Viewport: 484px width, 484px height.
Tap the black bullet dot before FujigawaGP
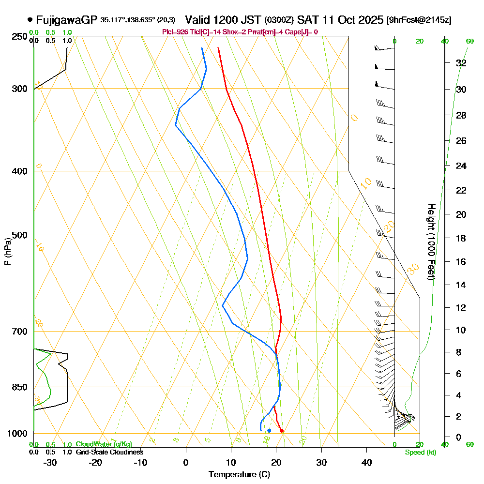[30, 20]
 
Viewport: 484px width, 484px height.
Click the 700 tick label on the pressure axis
[20, 332]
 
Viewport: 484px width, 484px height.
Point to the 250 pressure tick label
[20, 37]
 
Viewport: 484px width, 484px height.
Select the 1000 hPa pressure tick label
[18, 434]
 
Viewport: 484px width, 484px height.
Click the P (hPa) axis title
[7, 252]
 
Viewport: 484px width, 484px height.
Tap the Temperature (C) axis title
[239, 475]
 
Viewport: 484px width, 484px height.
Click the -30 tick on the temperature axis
[50, 463]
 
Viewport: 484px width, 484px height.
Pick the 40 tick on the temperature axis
[366, 463]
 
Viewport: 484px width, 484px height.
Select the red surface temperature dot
[282, 430]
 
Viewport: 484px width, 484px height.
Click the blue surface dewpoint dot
[269, 430]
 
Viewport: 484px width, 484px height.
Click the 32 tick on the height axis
[461, 63]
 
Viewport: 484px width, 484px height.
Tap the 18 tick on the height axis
[461, 238]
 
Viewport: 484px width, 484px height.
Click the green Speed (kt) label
[420, 452]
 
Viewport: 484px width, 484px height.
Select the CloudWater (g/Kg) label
[104, 444]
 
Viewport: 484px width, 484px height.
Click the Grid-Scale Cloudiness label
[109, 452]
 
